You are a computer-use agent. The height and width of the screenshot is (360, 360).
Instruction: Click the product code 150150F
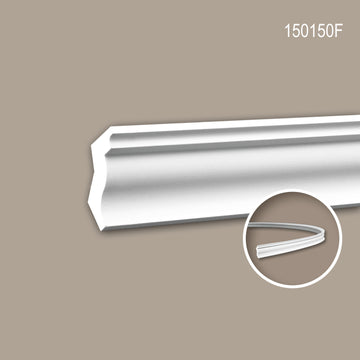(313, 31)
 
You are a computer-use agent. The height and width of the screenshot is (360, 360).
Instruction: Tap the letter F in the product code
(339, 31)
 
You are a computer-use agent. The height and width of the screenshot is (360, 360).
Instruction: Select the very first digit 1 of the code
(288, 31)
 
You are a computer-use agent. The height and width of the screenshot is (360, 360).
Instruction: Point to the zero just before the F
(330, 31)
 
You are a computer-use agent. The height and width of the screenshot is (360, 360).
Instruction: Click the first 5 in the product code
(296, 31)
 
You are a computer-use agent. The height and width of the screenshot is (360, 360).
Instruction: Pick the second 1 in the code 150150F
(313, 31)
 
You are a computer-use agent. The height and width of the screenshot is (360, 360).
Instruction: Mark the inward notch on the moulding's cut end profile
(95, 173)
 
